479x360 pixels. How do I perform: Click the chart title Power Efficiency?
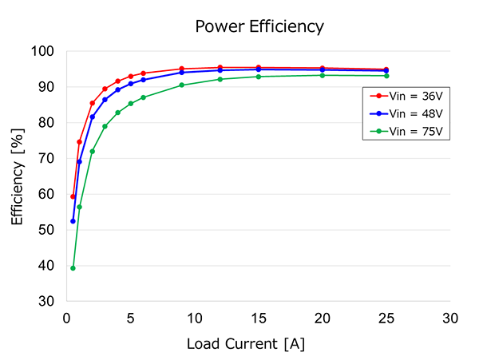259,26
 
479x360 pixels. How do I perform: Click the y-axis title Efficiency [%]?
18,176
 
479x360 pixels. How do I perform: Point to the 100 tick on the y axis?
43,51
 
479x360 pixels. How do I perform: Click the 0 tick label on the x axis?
67,318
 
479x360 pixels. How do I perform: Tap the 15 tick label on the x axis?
258,318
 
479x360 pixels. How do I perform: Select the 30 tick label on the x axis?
450,318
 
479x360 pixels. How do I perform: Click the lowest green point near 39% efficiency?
73,268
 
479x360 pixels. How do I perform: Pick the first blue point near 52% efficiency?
73,221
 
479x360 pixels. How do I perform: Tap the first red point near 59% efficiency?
73,196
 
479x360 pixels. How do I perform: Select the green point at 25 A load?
386,76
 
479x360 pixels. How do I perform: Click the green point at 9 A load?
182,85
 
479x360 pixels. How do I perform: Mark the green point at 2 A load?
93,151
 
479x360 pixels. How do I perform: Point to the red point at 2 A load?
93,103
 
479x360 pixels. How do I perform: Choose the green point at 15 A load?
259,77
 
